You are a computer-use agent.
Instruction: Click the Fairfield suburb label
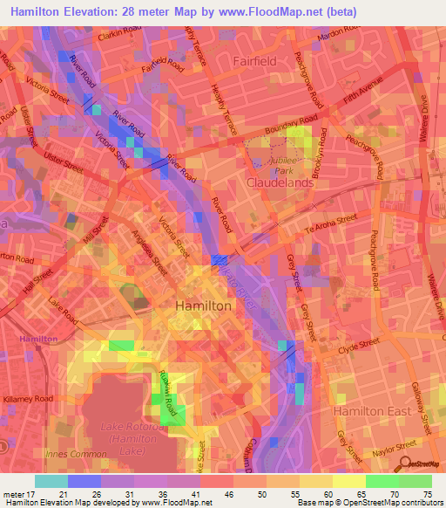coord(254,62)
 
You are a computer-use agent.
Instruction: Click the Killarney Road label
coord(29,397)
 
